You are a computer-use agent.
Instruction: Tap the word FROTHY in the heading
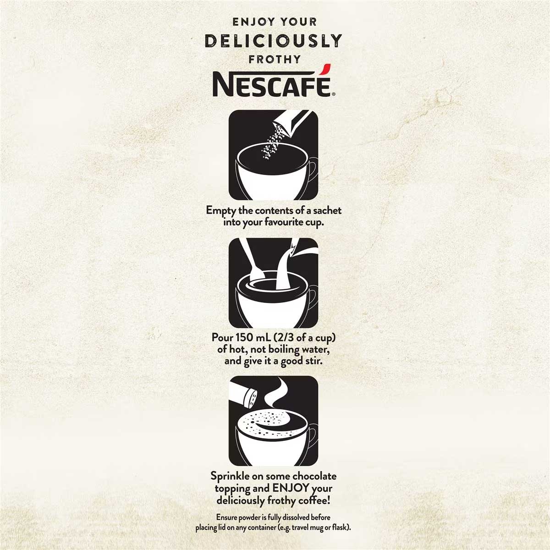[x=275, y=60]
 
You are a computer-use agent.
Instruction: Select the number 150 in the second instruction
[x=243, y=337]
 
